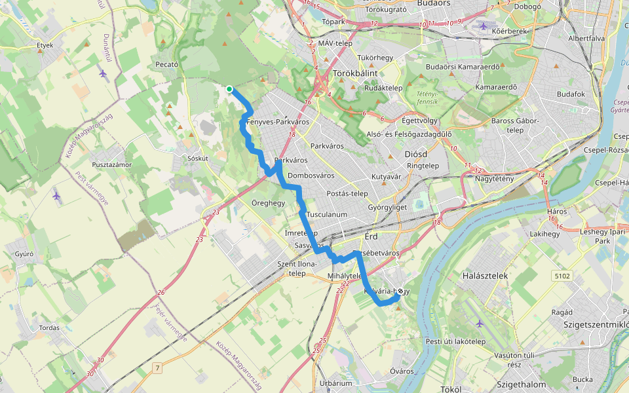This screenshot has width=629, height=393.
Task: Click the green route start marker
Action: point(229,89)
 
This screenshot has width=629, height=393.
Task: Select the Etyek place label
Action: point(45,46)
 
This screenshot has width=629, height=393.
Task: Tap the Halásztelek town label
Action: point(486,276)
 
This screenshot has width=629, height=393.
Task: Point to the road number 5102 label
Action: point(562,276)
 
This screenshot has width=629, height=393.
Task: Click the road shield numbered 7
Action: point(157,369)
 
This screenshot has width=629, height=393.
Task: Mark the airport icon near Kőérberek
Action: point(484,26)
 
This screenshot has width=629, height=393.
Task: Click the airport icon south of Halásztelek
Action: point(480,323)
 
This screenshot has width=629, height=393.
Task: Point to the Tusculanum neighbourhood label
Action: point(326,215)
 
